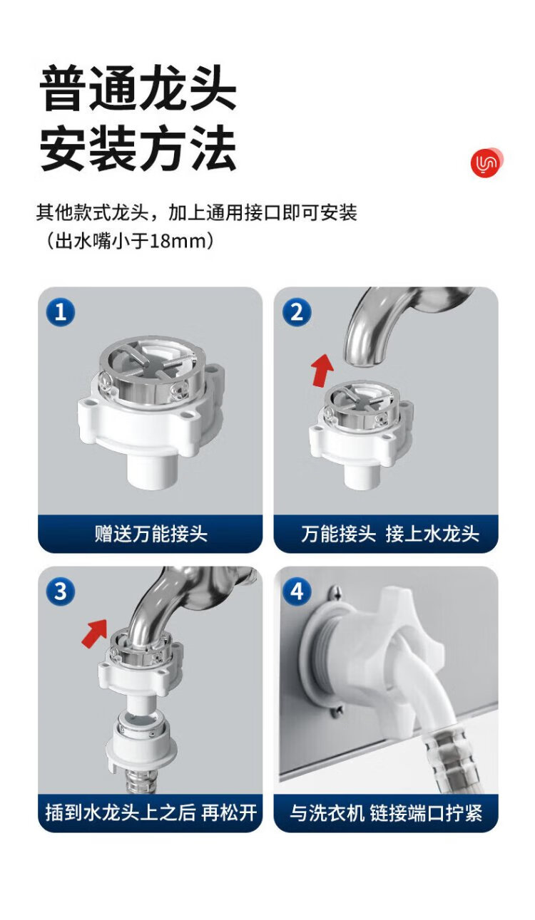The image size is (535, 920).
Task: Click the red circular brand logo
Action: (x=487, y=162)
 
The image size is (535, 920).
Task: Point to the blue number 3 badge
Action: (x=61, y=591)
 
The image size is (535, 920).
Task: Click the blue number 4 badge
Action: (x=297, y=591)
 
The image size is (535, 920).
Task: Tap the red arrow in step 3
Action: (x=95, y=634)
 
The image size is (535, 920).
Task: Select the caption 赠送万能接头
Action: (x=151, y=534)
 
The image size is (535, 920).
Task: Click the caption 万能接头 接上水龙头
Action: (x=390, y=534)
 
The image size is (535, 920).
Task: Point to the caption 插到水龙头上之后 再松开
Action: (x=151, y=813)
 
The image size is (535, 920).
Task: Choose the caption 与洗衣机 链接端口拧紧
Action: (x=386, y=813)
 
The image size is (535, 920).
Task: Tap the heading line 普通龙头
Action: (x=138, y=88)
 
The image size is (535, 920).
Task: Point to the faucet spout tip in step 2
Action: (x=365, y=361)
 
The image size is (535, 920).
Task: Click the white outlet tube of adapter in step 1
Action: (x=152, y=470)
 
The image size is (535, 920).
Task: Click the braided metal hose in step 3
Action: (x=138, y=783)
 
